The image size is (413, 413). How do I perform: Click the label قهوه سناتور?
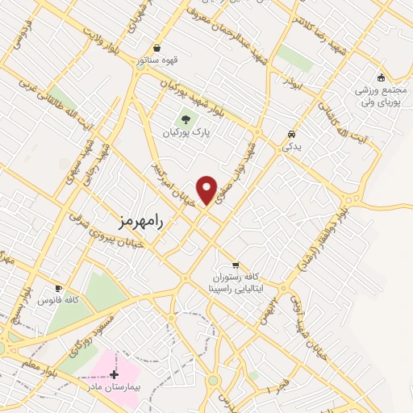156,60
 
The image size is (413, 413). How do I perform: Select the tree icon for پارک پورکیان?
186,118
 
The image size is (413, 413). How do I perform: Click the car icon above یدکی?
291,135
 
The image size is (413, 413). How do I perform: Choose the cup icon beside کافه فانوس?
58,288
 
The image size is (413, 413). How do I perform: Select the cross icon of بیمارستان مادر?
114,374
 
